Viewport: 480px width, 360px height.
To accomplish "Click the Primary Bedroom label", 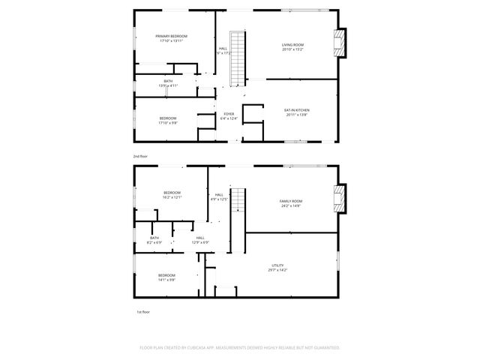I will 171,38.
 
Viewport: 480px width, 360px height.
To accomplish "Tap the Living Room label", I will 292,47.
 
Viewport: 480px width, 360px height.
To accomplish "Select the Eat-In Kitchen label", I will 296,112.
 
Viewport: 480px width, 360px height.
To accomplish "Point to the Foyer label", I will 229,115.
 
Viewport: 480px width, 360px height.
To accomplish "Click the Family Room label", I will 291,203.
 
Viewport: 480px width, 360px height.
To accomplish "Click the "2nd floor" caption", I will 140,156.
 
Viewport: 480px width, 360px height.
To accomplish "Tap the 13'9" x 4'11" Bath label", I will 167,83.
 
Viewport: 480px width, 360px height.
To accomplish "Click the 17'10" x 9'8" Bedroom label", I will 167,120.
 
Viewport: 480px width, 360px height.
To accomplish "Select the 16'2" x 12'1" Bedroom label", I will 172,195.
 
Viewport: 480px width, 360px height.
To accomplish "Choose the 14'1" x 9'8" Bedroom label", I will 166,277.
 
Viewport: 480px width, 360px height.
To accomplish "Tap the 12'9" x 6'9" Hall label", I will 199,240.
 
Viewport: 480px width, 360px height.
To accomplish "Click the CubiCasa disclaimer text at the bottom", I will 240,348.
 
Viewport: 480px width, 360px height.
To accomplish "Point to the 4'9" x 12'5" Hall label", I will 219,197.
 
